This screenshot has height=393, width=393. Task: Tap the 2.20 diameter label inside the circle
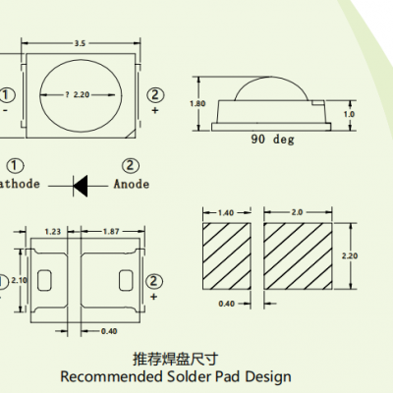click(84, 94)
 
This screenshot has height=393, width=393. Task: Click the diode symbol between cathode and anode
click(82, 183)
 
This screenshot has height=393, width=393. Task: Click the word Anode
click(132, 183)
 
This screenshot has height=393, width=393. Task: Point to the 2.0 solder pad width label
click(298, 211)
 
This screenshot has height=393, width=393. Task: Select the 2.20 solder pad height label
click(362, 254)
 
